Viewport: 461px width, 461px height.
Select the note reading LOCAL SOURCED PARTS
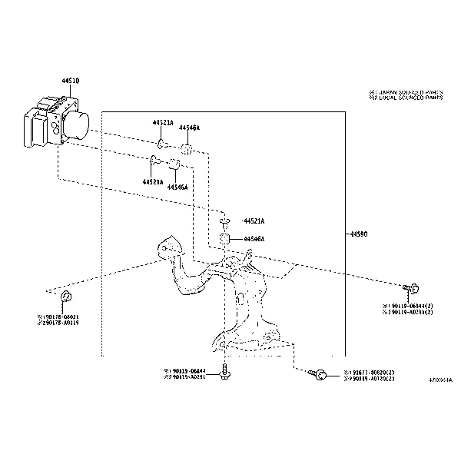pos(407,98)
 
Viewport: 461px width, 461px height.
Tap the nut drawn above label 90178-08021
pos(67,297)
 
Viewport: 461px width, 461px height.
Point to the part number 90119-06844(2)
pos(410,306)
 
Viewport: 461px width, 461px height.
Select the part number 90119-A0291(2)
pos(410,312)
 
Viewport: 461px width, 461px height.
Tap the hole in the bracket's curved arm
pos(164,249)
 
